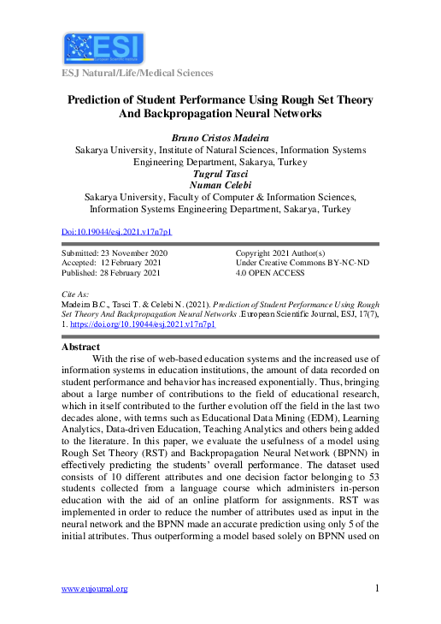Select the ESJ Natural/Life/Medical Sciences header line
coord(136,74)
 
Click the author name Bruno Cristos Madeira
coord(220,137)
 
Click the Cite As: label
coord(77,294)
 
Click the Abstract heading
coord(83,348)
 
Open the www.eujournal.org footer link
coord(95,588)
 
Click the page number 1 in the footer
coord(377,588)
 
